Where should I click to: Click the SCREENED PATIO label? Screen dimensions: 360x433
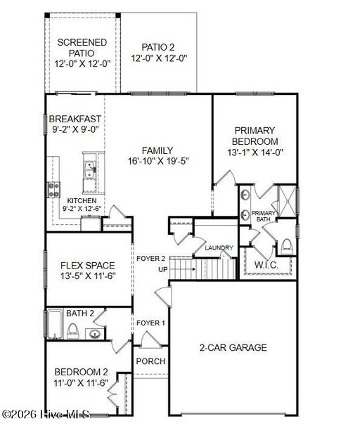tap(82, 48)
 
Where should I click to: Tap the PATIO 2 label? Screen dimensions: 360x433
tap(158, 47)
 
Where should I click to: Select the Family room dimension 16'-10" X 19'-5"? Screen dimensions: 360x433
tap(158, 161)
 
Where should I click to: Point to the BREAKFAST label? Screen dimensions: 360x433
tap(75, 119)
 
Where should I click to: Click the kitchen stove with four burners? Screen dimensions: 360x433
tap(53, 190)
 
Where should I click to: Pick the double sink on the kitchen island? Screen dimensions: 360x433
tap(90, 170)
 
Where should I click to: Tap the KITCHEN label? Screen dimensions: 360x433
tap(82, 201)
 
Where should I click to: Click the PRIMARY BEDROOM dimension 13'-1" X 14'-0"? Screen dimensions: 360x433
tap(255, 152)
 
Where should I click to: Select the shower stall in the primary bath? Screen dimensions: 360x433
tap(288, 201)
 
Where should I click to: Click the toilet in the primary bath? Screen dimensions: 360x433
tap(286, 246)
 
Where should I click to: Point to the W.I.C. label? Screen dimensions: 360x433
tap(266, 265)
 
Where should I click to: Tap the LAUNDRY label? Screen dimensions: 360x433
tap(219, 247)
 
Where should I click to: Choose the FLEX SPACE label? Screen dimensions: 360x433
tap(88, 266)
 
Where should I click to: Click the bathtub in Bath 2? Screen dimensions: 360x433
tap(55, 324)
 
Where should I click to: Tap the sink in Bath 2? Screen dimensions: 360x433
tap(95, 334)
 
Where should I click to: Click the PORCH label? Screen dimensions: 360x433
tap(150, 361)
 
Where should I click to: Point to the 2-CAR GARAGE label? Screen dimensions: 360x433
tap(233, 347)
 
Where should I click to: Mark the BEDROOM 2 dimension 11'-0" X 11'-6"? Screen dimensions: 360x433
tap(81, 383)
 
